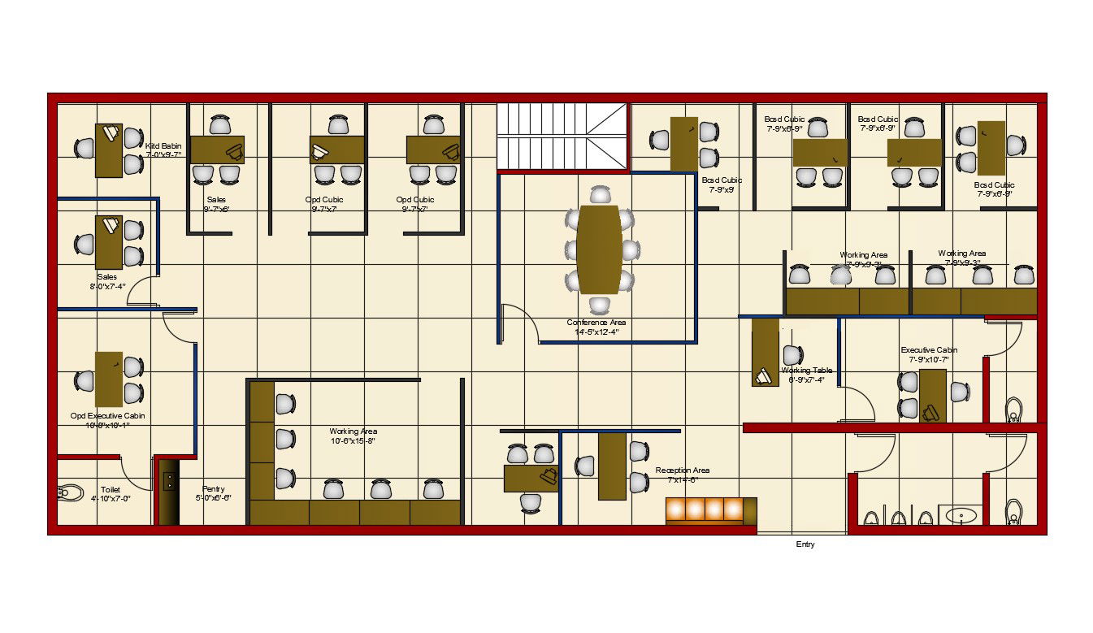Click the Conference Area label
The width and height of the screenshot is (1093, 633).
[x=596, y=323]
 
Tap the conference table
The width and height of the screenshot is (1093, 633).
[x=600, y=249]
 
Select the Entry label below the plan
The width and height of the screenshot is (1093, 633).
[x=805, y=544]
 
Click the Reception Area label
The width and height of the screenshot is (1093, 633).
[x=683, y=470]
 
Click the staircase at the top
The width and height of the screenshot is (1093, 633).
[x=562, y=137]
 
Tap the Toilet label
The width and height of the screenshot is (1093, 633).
[x=111, y=490]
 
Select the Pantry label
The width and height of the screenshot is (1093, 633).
[x=214, y=489]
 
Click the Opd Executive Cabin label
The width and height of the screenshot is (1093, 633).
[x=107, y=416]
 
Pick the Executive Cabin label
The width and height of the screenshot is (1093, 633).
[x=929, y=350]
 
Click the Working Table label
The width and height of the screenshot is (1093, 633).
[x=807, y=371]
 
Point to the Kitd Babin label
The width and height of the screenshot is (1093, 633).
[x=163, y=146]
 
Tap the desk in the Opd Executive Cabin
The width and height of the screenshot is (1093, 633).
[x=109, y=379]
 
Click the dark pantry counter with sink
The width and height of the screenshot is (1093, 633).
[x=169, y=491]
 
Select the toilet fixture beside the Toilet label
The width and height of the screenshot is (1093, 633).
[x=71, y=492]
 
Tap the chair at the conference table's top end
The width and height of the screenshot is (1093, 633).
[x=600, y=195]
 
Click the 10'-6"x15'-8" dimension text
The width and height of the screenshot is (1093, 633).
[x=353, y=441]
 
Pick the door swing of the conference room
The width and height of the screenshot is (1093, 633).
[x=522, y=323]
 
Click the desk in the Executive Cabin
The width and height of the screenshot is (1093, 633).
[x=932, y=395]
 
